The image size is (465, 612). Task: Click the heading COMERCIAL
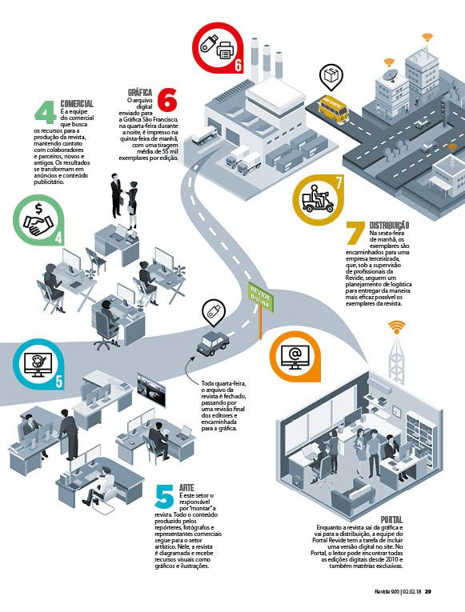click(x=77, y=104)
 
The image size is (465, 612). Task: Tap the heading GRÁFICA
click(x=140, y=93)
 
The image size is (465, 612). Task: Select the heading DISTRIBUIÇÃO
click(x=389, y=226)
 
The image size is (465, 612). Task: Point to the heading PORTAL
click(x=391, y=520)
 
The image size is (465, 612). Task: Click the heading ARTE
click(x=186, y=488)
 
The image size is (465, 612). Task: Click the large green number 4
click(x=46, y=113)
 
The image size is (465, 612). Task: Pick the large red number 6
click(x=167, y=100)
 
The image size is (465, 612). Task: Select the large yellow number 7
click(x=355, y=234)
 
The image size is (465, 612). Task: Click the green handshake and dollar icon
click(x=38, y=220)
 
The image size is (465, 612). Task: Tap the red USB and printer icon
click(x=218, y=48)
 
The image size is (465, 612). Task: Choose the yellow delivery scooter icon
click(x=319, y=200)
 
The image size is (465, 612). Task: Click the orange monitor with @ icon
click(x=295, y=357)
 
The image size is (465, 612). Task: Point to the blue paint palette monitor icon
click(x=38, y=364)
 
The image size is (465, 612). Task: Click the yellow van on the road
click(x=333, y=107)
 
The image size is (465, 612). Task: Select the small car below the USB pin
click(x=213, y=343)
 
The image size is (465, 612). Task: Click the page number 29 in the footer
click(x=428, y=592)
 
